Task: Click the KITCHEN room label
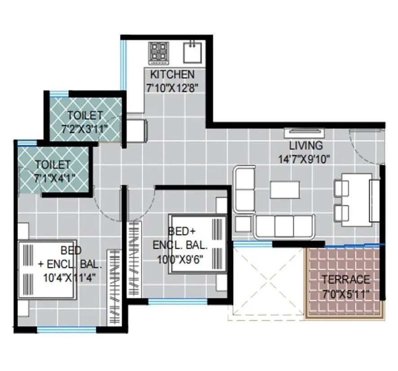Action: click(172, 75)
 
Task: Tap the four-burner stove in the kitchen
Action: click(158, 52)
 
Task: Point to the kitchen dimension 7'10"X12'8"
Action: click(172, 87)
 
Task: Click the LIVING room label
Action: click(305, 146)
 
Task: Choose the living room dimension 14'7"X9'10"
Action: click(304, 158)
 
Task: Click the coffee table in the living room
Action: click(285, 190)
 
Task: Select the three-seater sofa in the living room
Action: click(283, 226)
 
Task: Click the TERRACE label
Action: click(345, 279)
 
